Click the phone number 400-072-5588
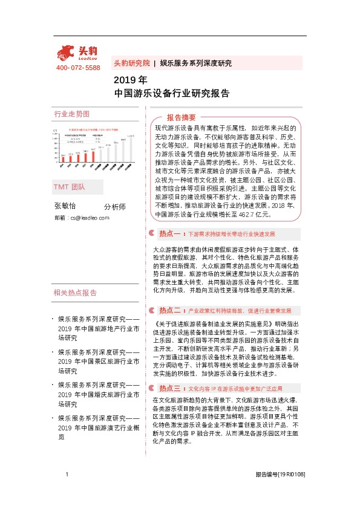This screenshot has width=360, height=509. click(x=77, y=68)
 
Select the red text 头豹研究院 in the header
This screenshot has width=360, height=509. click(x=131, y=63)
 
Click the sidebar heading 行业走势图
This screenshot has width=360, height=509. click(x=71, y=114)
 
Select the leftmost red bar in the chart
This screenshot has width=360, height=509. click(x=62, y=159)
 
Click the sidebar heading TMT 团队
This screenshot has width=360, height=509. click(x=70, y=187)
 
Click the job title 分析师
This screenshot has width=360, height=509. click(x=115, y=206)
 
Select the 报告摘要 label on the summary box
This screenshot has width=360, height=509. click(x=182, y=117)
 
